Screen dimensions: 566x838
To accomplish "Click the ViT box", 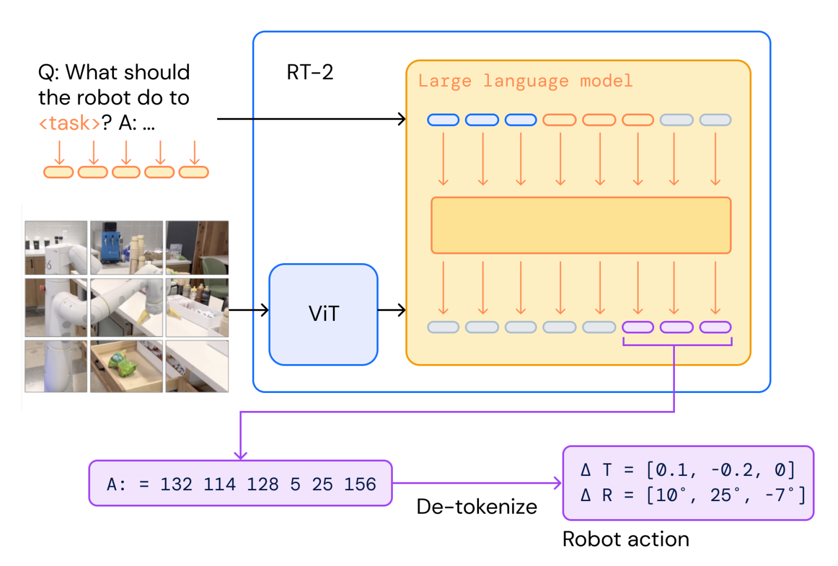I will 323,314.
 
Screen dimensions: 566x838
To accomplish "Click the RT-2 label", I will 309,72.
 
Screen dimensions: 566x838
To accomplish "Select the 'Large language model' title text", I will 525,81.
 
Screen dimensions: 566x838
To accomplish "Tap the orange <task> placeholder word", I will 69,123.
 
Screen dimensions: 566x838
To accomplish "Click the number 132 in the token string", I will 176,484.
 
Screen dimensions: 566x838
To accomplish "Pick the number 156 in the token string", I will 360,484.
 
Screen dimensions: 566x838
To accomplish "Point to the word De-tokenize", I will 476,507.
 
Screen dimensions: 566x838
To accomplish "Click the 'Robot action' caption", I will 625,539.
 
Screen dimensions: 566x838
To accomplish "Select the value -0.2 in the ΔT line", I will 732,470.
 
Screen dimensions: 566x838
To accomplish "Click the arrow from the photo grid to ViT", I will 249,310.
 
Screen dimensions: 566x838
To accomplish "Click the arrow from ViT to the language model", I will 392,310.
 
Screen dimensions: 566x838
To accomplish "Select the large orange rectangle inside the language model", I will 580,225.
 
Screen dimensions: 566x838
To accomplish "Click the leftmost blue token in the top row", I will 443,120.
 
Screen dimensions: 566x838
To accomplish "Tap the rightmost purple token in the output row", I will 715,327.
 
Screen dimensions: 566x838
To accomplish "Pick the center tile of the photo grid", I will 126,307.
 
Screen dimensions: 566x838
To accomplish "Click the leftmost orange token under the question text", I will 58,172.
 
